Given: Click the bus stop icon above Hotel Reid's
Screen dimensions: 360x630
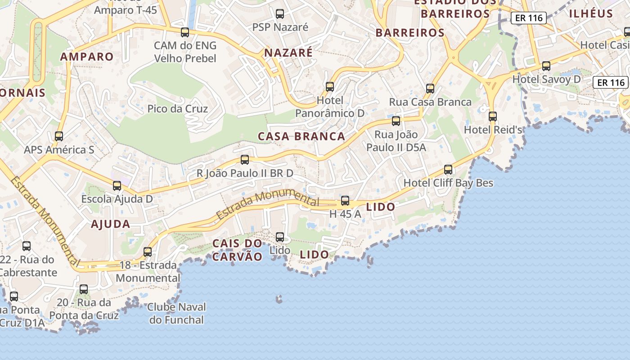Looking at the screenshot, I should tap(493, 116).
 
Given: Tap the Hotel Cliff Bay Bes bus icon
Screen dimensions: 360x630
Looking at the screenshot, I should tap(448, 170).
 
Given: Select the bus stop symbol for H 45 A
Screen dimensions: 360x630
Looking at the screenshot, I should tap(345, 201).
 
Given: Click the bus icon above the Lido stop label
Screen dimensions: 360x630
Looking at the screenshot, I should tap(280, 237).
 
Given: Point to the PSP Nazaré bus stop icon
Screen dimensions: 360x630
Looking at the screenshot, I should tap(280, 14).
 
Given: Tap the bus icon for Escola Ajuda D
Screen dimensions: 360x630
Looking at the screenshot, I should tap(117, 185).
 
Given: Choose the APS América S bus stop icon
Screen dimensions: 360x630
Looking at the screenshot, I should tap(59, 136).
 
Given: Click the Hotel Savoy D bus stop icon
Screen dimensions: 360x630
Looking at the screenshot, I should tap(546, 66).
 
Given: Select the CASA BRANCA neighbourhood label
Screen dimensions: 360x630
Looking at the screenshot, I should tap(301, 136).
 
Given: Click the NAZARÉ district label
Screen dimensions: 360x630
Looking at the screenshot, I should tap(288, 53).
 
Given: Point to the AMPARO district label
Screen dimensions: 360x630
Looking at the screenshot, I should tap(87, 57).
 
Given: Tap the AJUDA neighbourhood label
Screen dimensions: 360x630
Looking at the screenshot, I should tap(110, 224).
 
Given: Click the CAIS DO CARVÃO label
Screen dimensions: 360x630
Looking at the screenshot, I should tap(237, 250).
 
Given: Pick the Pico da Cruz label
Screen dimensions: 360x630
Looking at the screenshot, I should tap(178, 109).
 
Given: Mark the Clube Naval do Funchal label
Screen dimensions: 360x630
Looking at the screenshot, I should tap(176, 314).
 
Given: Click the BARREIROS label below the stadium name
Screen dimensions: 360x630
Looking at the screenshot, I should tap(410, 33).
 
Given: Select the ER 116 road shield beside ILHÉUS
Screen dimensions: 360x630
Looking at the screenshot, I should tap(529, 18).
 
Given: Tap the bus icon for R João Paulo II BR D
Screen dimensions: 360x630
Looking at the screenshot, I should tap(245, 159).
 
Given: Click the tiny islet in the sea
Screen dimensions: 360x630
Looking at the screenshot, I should tap(279, 299).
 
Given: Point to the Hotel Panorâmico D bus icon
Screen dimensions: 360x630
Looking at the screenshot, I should tap(330, 86).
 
